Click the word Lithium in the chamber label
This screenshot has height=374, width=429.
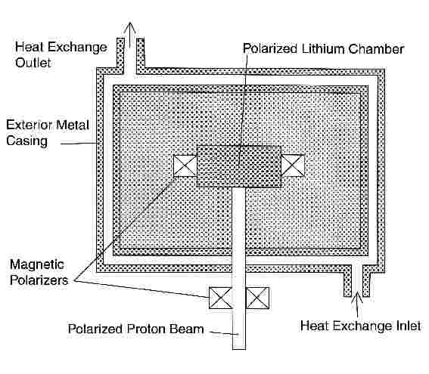tap(323, 49)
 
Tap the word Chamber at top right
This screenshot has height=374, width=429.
tap(376, 49)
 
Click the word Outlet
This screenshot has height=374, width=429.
tap(33, 63)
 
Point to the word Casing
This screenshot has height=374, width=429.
tap(26, 141)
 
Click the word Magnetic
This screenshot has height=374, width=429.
tap(37, 264)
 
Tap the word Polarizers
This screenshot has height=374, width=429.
tap(39, 280)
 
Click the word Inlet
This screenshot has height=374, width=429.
tap(409, 326)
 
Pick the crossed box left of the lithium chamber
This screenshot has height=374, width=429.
tap(185, 165)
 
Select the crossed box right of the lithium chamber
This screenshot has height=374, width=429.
tap(293, 165)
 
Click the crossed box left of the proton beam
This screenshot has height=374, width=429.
tap(220, 298)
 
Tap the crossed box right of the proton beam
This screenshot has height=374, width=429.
tap(257, 298)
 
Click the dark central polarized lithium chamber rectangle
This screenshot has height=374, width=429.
tap(239, 166)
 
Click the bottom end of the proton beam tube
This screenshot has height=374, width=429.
tap(239, 349)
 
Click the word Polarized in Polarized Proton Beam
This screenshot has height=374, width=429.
tap(95, 329)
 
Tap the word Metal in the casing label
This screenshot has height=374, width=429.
tap(73, 125)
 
